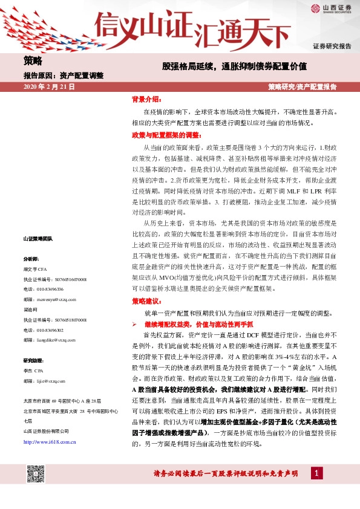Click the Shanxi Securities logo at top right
click(331, 8)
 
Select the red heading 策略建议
click(147, 300)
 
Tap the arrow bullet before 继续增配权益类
click(136, 325)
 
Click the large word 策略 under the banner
click(33, 61)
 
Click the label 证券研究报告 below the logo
click(332, 46)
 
